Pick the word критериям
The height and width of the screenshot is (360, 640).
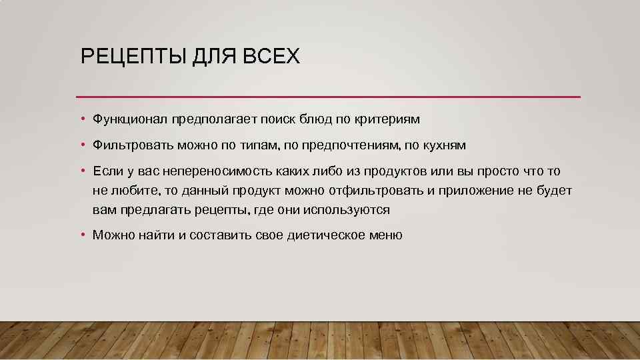pyautogui.click(x=390, y=119)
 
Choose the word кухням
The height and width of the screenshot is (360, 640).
pyautogui.click(x=443, y=145)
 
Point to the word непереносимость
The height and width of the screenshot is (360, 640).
pyautogui.click(x=207, y=171)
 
